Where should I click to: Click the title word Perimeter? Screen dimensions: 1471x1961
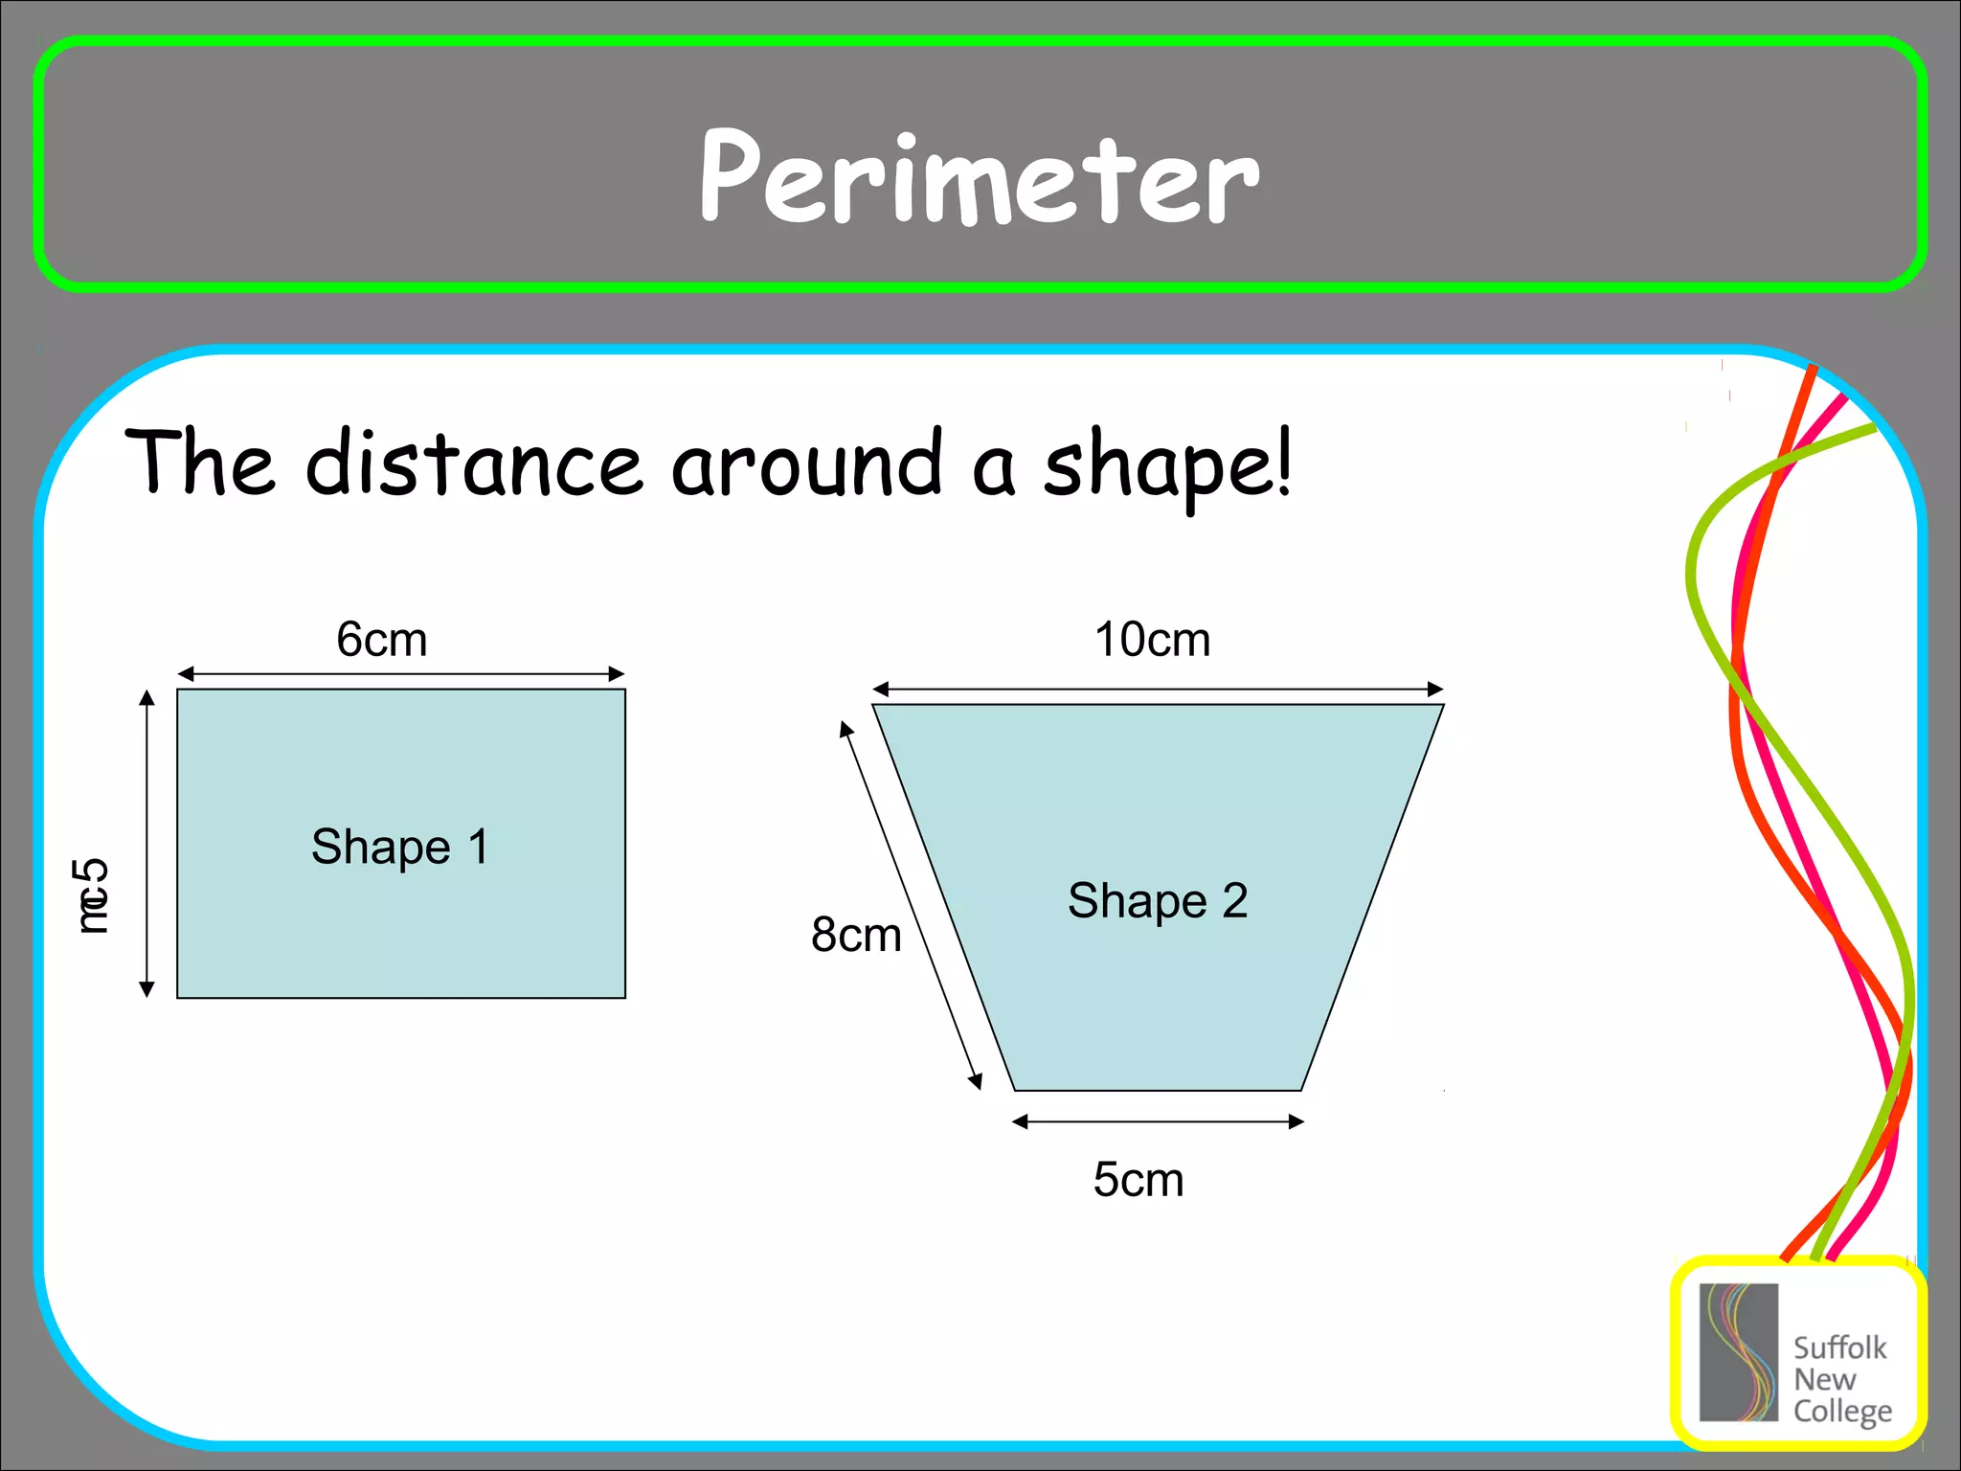tap(979, 178)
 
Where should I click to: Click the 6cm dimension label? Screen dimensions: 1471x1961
tap(381, 640)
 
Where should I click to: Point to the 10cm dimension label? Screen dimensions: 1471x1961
tap(1152, 640)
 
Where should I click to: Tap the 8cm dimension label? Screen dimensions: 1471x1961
tap(856, 935)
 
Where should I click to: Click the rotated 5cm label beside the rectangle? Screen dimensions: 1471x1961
tap(92, 895)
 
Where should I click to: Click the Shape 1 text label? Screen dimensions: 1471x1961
tap(400, 848)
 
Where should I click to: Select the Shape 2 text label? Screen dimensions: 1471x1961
tap(1158, 901)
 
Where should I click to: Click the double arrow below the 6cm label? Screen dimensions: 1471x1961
tap(401, 674)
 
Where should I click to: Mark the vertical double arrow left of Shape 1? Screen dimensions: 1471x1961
tap(147, 843)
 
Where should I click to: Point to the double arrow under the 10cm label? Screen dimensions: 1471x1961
tap(1158, 690)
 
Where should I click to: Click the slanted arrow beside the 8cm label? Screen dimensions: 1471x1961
tap(911, 905)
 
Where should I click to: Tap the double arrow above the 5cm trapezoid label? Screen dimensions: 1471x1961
tap(1158, 1121)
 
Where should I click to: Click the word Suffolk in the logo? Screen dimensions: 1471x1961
tap(1838, 1348)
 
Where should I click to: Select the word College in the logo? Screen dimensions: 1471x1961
tap(1842, 1412)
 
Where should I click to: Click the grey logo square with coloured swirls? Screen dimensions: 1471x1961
tap(1738, 1352)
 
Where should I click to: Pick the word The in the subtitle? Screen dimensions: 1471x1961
tap(201, 464)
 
